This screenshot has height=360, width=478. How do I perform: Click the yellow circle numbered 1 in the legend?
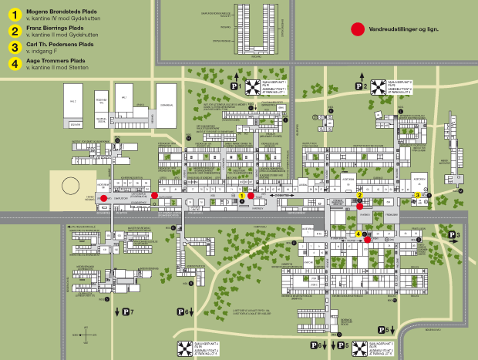pyautogui.click(x=14, y=15)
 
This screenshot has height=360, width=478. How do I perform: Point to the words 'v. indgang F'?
pyautogui.click(x=42, y=51)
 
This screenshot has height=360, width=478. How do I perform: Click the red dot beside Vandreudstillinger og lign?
pyautogui.click(x=357, y=29)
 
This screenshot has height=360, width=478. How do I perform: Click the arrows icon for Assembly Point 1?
pyautogui.click(x=254, y=86)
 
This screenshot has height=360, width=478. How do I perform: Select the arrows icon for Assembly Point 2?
pyautogui.click(x=378, y=86)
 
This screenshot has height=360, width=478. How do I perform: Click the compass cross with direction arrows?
pyautogui.click(x=86, y=335)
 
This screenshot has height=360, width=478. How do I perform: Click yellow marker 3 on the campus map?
pyautogui.click(x=417, y=196)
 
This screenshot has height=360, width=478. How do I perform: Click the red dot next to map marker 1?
pyautogui.click(x=251, y=196)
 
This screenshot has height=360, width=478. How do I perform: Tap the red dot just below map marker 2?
pyautogui.click(x=359, y=206)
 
